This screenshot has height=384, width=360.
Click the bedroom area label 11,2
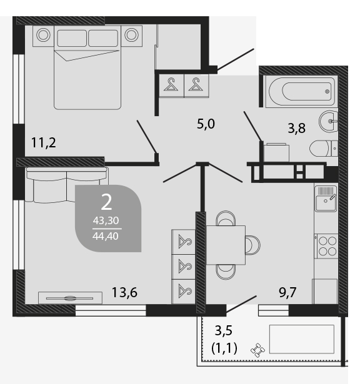coord(44,142)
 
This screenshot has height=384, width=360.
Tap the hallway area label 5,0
coord(206,124)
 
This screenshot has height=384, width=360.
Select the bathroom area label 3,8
coord(296,128)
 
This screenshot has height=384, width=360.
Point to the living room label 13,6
coord(124,292)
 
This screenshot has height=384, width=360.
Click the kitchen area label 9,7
coord(287,292)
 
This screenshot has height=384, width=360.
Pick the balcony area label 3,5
coord(224,330)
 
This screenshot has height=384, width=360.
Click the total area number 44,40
coord(106,236)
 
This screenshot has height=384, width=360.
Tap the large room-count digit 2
coord(106,202)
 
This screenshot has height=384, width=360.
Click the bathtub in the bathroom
coord(301,92)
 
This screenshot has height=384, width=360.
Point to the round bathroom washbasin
coord(329,121)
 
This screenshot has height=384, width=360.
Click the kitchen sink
coord(326,199)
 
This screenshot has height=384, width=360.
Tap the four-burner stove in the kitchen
coord(327,246)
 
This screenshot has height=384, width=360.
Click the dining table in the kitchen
coord(226,245)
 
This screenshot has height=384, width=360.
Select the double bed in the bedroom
coord(87,67)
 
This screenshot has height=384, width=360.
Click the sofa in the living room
coord(67,185)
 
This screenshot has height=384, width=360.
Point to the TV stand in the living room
coord(70,298)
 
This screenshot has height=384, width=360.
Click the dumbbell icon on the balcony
coord(257,350)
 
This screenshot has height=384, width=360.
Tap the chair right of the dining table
coord(252,245)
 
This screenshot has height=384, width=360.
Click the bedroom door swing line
coord(146,137)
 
